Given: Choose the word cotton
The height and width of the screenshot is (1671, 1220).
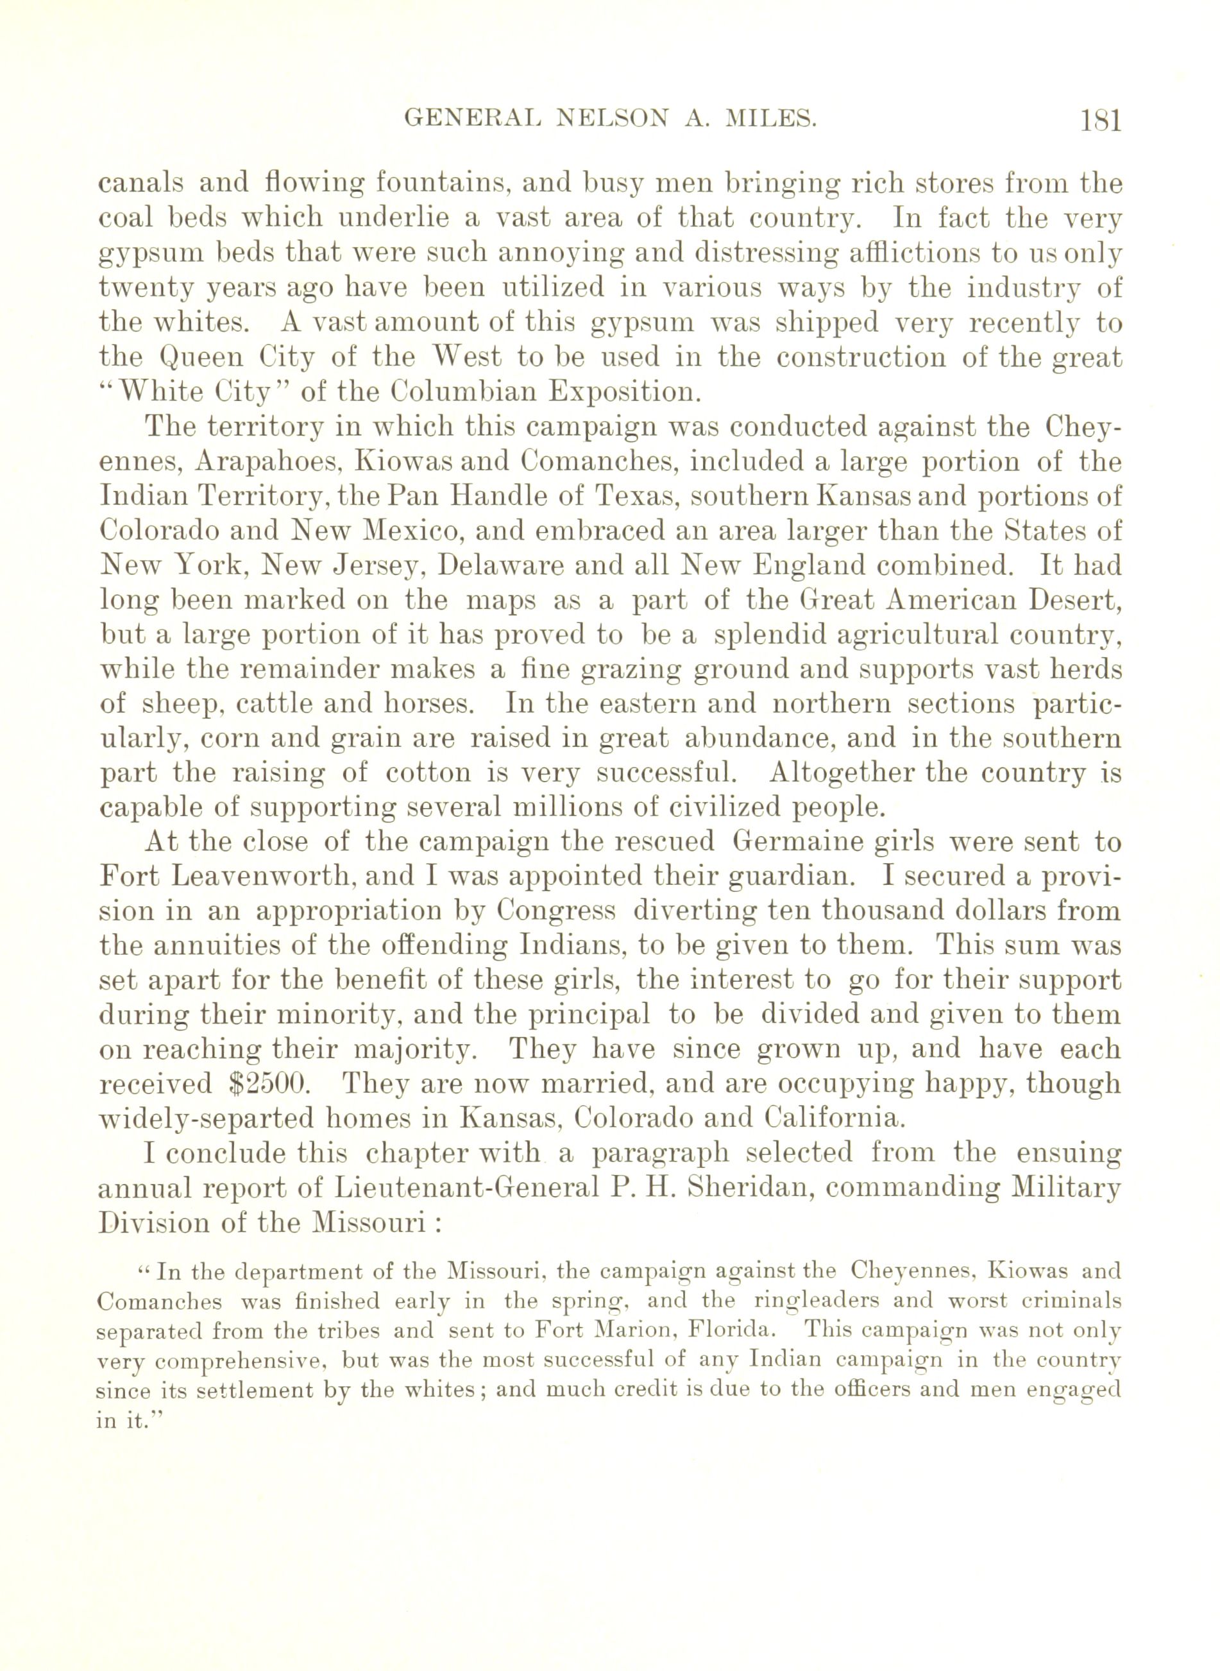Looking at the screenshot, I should point(430,772).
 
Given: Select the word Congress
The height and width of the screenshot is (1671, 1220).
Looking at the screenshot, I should point(556,911).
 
